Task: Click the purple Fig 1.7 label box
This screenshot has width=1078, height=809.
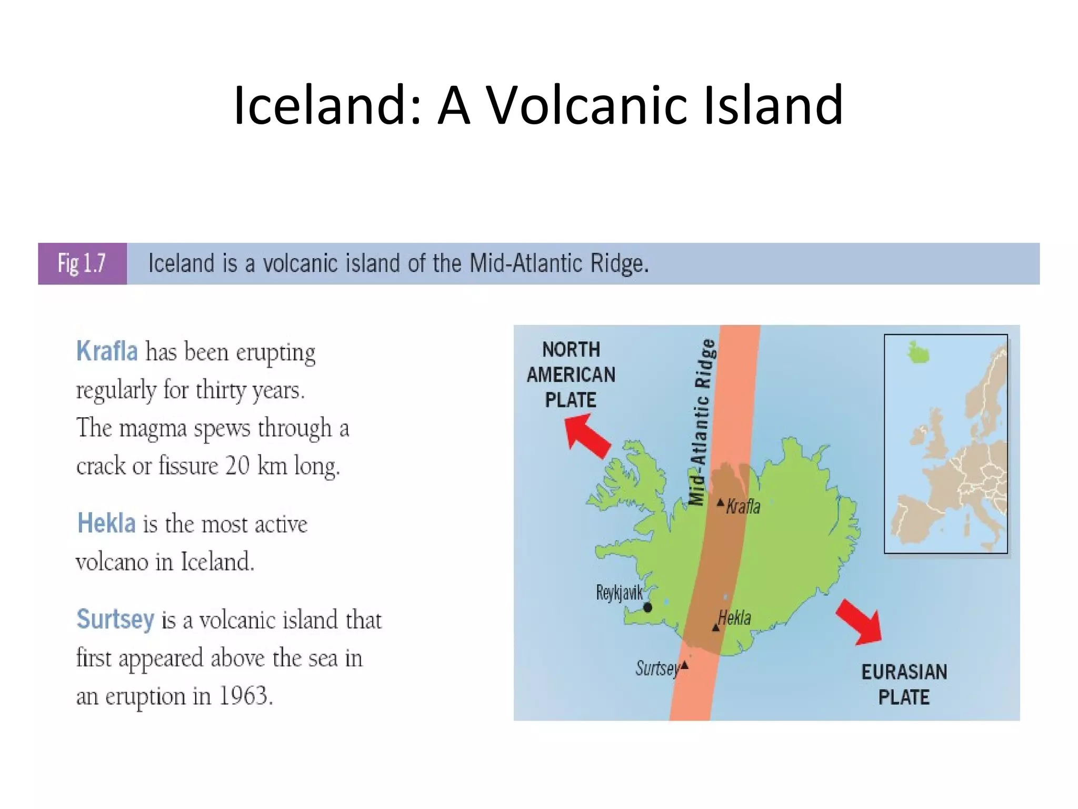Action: pos(82,263)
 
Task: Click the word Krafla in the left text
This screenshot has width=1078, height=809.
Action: pos(107,351)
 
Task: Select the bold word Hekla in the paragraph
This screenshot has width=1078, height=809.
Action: pos(106,524)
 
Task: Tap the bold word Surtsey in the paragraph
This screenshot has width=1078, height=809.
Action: pos(115,619)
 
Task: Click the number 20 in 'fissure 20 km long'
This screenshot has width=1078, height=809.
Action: pos(237,466)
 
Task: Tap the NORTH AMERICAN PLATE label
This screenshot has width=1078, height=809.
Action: pos(571,374)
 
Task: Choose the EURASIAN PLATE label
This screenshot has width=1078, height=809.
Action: pos(904,684)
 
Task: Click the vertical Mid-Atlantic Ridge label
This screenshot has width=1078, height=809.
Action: pos(703,422)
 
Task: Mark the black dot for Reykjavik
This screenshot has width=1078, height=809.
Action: pos(648,608)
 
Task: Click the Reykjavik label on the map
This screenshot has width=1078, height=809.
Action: pos(619,593)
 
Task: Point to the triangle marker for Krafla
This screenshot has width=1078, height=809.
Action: pos(721,503)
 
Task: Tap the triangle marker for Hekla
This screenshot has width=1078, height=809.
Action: pos(715,627)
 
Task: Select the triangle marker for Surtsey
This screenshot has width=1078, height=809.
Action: pos(684,665)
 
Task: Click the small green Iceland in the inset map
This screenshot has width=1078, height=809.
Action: pos(919,352)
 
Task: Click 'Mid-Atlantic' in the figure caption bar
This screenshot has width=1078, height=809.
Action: pos(525,263)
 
